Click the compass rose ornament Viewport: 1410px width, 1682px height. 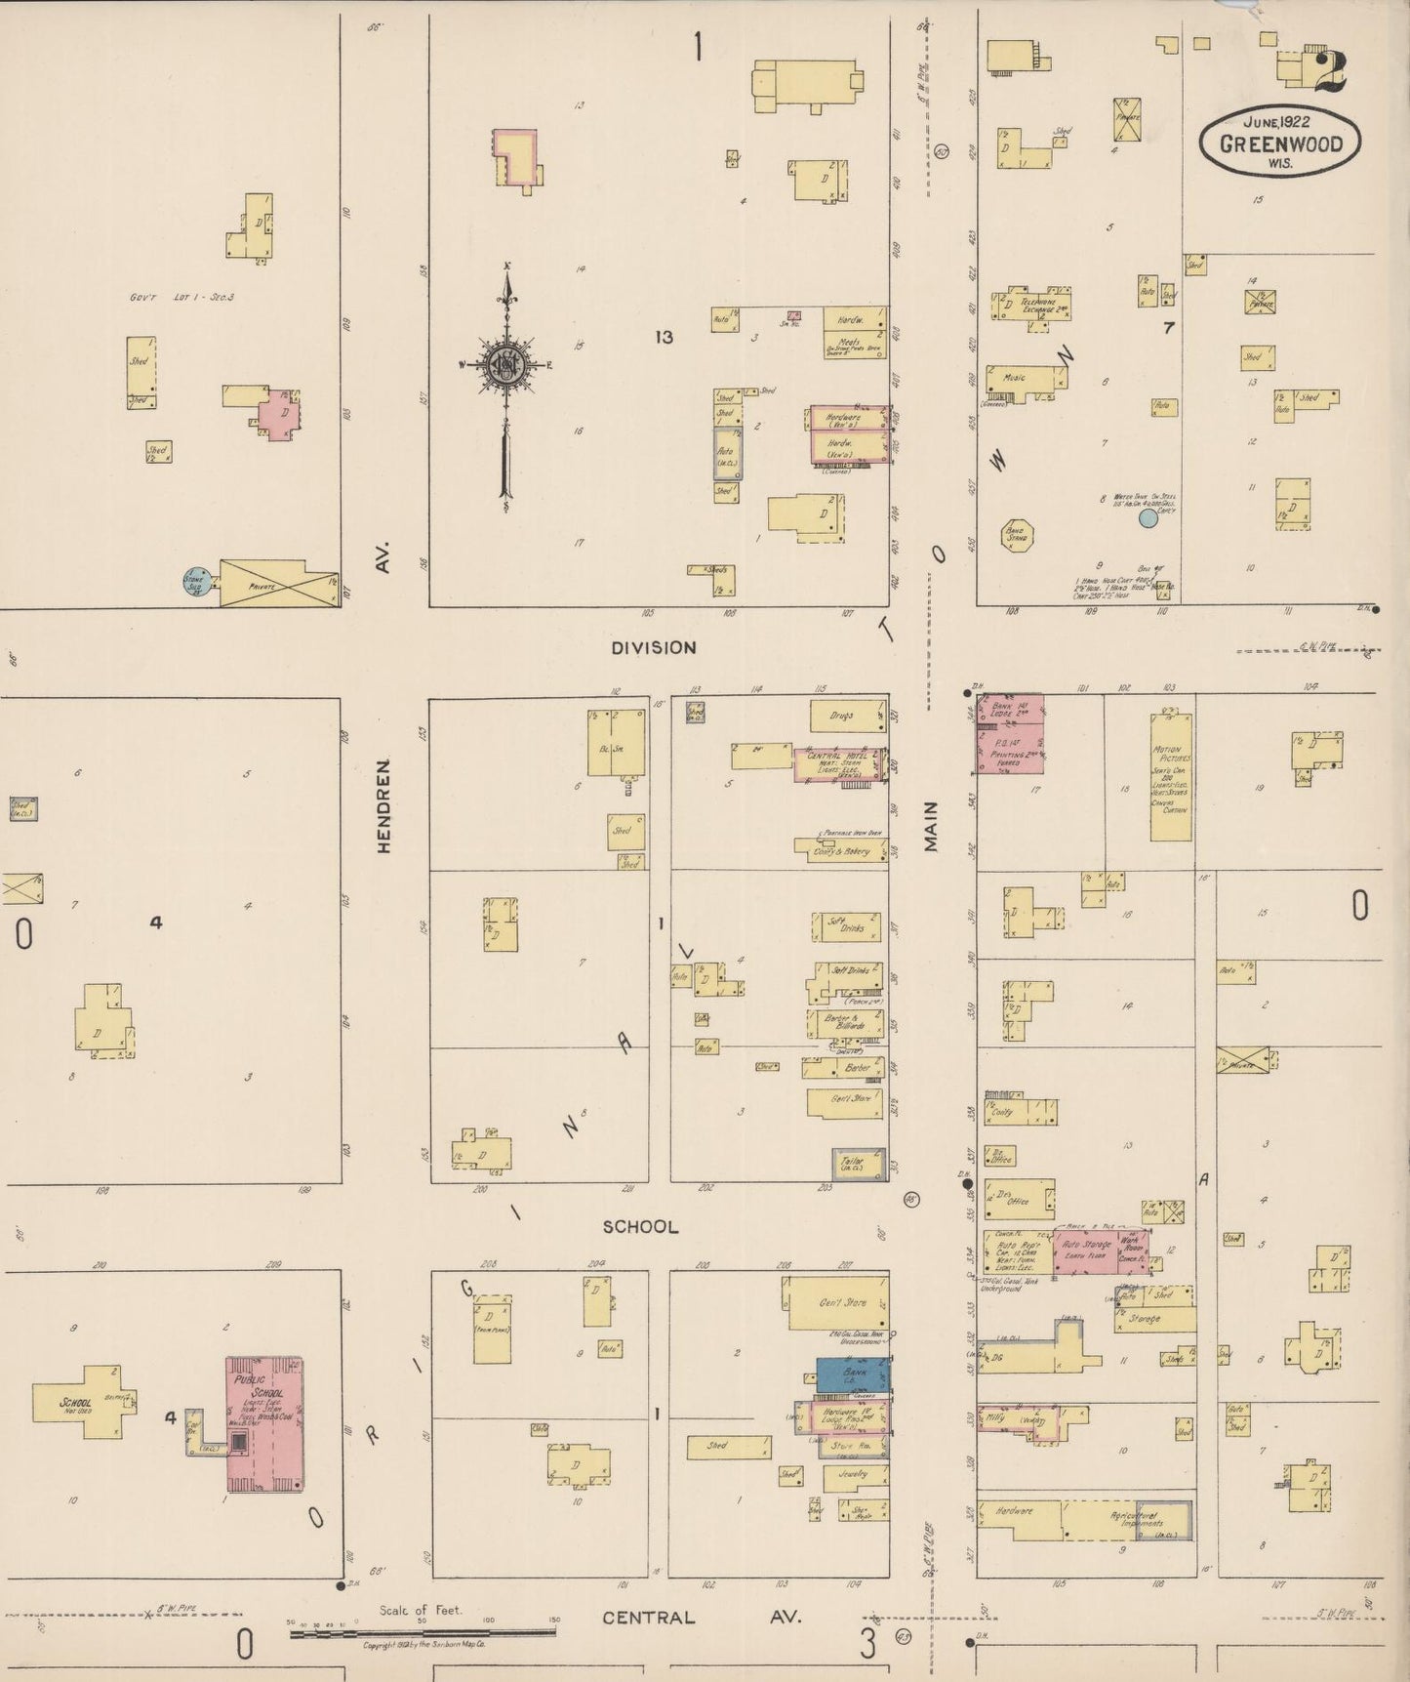(506, 365)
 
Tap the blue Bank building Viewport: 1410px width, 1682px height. (853, 1374)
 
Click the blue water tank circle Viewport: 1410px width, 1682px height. (1148, 518)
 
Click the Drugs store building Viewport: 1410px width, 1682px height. (846, 716)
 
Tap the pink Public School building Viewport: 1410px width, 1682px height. (264, 1422)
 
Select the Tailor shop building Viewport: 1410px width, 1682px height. (859, 1164)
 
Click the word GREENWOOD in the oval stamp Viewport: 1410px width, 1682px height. (1280, 144)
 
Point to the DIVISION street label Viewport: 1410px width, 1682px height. (654, 647)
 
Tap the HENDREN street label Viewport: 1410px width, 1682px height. (383, 806)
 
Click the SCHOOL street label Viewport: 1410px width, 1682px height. (640, 1226)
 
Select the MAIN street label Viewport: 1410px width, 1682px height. (931, 826)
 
